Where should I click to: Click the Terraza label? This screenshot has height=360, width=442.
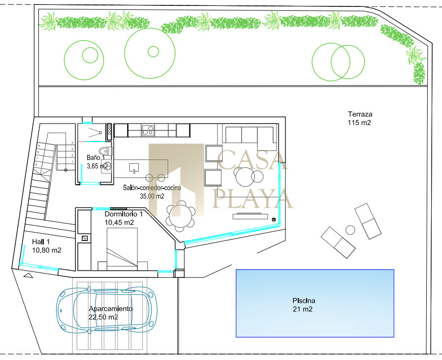(x=360, y=114)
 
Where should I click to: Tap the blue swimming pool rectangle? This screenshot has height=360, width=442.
(x=315, y=303)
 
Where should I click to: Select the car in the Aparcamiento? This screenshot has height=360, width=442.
(x=107, y=309)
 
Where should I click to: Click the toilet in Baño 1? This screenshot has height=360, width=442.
(x=106, y=151)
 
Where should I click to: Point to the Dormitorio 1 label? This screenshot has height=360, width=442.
(x=124, y=214)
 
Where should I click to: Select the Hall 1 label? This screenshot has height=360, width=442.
(x=41, y=241)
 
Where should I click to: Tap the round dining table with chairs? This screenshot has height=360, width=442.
(x=181, y=216)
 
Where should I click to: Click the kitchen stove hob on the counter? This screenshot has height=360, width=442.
(x=148, y=130)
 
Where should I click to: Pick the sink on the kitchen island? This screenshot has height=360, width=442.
(x=134, y=168)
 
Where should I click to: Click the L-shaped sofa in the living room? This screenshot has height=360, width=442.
(x=250, y=137)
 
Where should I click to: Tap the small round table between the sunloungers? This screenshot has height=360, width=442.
(x=350, y=230)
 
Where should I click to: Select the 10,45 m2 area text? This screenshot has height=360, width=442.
(x=119, y=222)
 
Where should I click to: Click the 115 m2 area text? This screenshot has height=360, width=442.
(x=359, y=122)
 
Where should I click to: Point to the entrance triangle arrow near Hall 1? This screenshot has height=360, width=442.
(x=28, y=275)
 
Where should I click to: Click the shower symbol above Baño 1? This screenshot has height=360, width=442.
(x=95, y=132)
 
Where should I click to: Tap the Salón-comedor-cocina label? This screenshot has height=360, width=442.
(x=152, y=187)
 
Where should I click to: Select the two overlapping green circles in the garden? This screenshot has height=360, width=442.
(x=338, y=62)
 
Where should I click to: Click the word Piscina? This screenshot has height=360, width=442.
(x=304, y=300)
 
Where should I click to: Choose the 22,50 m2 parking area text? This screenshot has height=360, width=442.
(x=103, y=317)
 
